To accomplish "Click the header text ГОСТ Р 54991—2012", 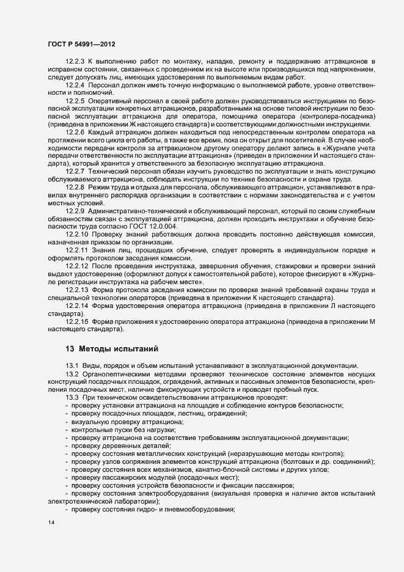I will click(82, 45).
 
